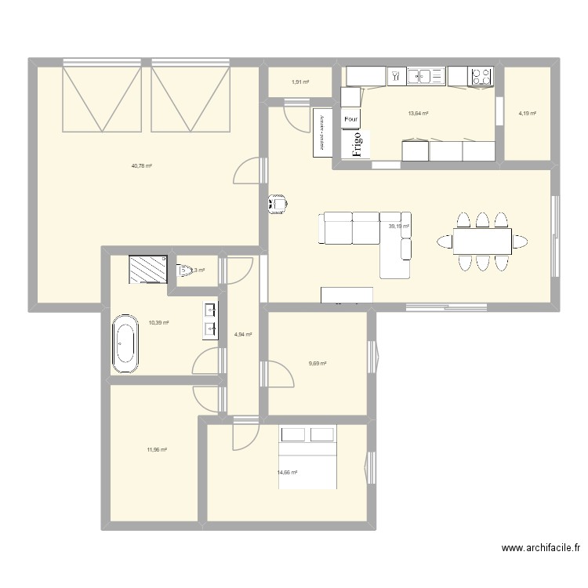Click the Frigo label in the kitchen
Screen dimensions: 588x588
pos(357,144)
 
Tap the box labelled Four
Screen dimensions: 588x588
pos(350,120)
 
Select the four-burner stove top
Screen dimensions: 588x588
pos(481,76)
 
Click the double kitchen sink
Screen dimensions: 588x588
pos(426,76)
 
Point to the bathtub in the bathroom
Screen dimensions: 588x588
pos(125,343)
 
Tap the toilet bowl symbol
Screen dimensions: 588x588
pos(186,271)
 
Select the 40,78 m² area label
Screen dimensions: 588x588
pos(142,165)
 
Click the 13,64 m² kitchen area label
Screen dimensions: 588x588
pos(418,113)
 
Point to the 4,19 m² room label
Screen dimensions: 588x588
pos(527,113)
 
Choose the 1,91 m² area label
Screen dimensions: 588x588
pos(300,82)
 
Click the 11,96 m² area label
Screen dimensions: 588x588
pos(157,449)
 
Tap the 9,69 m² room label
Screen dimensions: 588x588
pos(318,363)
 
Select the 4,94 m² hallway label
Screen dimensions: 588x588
pos(244,334)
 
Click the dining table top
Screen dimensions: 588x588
pos(481,241)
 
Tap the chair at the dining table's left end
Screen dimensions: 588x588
pos(445,241)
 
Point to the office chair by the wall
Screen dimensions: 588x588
pos(278,204)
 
